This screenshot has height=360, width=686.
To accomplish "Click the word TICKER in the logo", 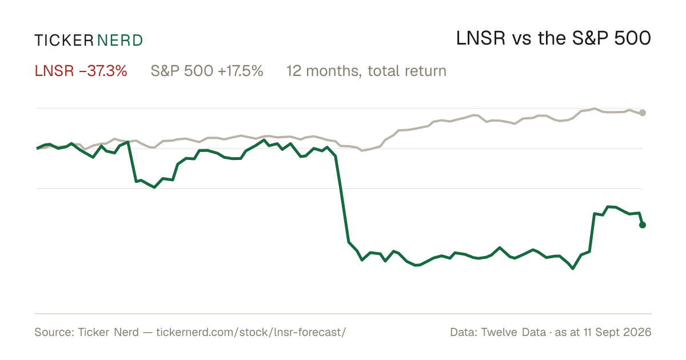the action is (64, 41).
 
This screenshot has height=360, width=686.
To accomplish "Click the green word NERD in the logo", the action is (120, 41).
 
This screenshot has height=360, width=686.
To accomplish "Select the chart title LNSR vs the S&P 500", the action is (553, 38).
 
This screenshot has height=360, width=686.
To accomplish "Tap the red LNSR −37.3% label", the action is (81, 71).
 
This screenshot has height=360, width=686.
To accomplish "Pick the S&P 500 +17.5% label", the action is (207, 71).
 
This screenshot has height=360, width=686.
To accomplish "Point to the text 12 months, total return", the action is (366, 71).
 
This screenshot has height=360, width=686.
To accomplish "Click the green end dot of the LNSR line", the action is (643, 225).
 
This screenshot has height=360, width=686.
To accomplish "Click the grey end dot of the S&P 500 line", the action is (643, 113).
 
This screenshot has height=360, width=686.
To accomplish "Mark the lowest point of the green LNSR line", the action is (573, 269).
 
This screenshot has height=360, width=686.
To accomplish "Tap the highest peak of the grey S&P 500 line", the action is (595, 109).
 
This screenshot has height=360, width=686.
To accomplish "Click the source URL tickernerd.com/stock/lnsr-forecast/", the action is (251, 332).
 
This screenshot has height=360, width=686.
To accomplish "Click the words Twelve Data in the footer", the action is (513, 332).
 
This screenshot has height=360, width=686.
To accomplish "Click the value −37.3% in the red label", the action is (103, 71).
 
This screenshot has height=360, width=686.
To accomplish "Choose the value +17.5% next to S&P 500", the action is (241, 71).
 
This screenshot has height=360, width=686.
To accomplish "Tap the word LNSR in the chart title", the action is (481, 38).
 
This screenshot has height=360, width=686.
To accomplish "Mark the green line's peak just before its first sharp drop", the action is (128, 142).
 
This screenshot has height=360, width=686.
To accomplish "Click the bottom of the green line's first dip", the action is (154, 187).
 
